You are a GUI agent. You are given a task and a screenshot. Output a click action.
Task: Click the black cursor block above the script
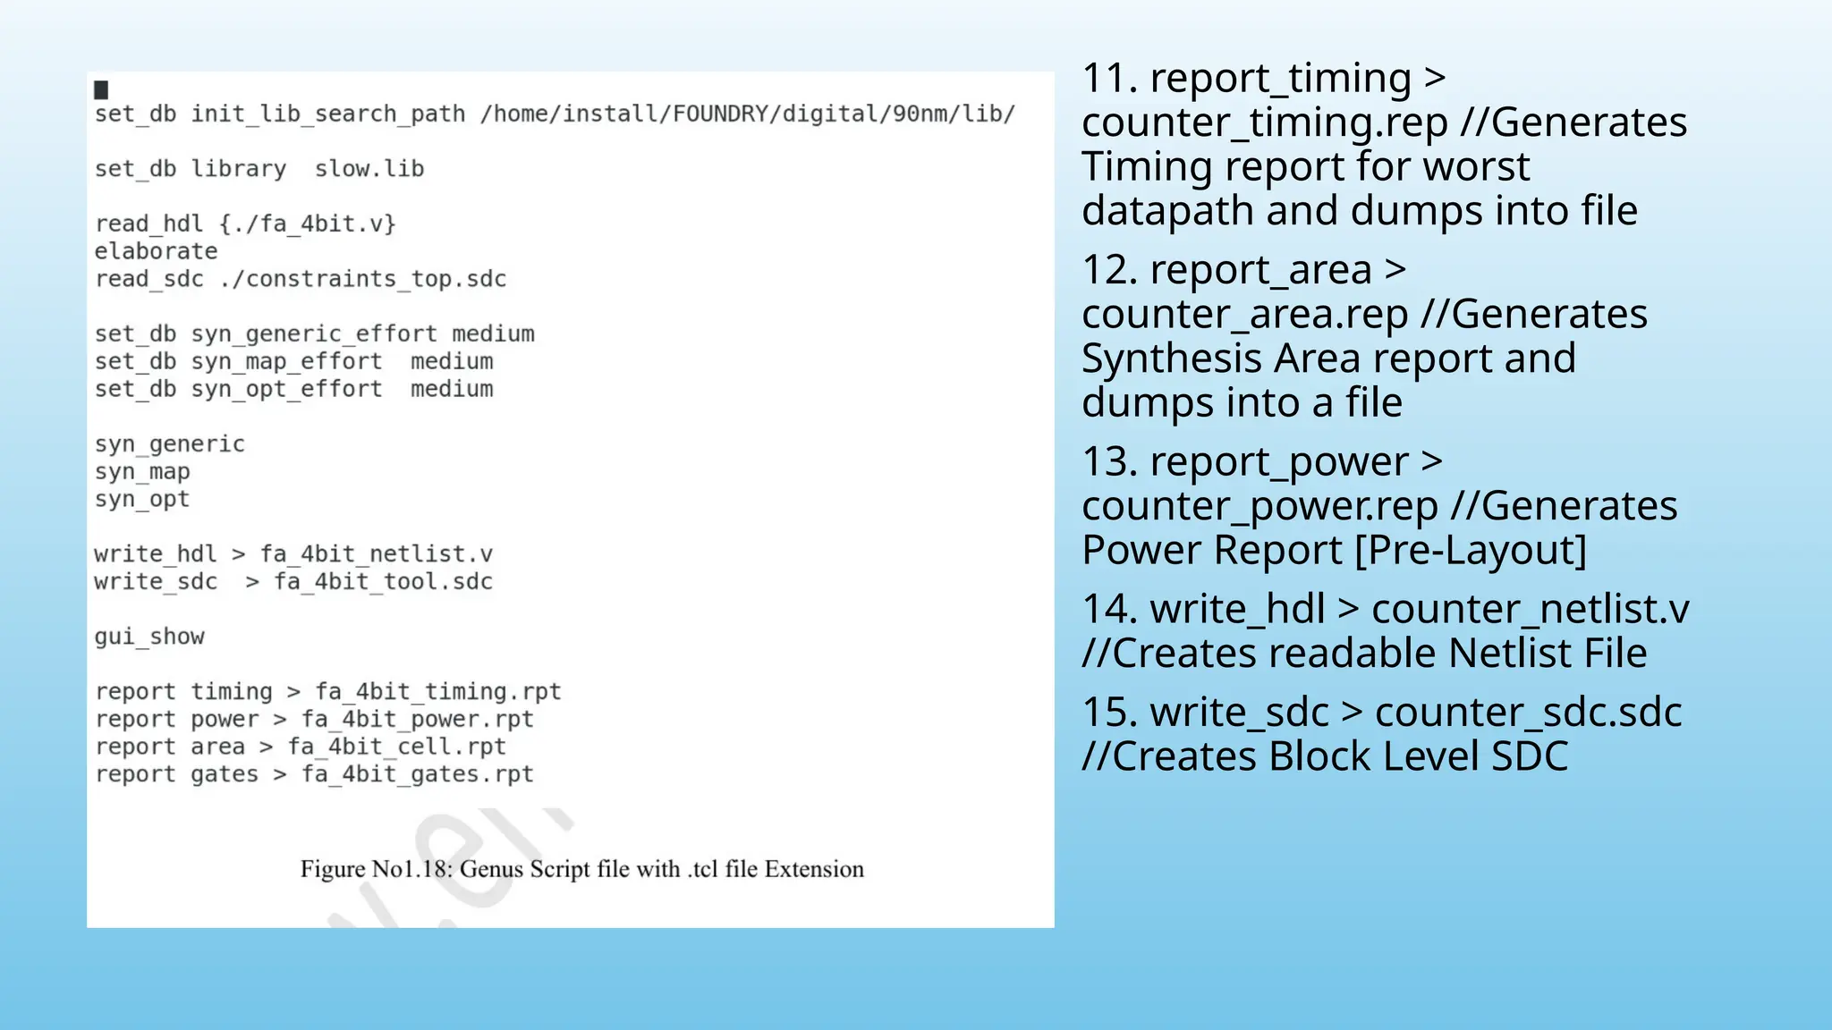click(x=101, y=89)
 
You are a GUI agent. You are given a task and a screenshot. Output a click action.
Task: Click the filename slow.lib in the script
click(x=369, y=169)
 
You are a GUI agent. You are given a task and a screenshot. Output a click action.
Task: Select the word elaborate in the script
click(x=156, y=251)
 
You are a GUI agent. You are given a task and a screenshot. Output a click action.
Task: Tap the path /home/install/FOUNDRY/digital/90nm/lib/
click(x=747, y=114)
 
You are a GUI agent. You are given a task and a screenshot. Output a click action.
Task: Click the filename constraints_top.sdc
click(x=376, y=279)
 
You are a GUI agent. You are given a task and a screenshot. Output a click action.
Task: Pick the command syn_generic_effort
click(x=314, y=334)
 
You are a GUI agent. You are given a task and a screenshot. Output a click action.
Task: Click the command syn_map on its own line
click(x=142, y=471)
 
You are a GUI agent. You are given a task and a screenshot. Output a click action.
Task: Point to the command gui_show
click(x=149, y=637)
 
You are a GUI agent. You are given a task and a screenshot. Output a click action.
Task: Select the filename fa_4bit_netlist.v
click(x=377, y=554)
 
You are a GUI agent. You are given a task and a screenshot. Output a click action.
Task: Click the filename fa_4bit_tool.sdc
click(x=383, y=582)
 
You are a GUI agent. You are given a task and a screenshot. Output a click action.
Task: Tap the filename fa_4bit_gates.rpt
click(x=417, y=774)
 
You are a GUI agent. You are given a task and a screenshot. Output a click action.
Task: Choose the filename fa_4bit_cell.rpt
click(x=396, y=747)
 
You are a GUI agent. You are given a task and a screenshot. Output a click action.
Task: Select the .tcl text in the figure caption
click(x=703, y=869)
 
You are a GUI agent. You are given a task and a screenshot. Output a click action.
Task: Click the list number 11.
click(x=1109, y=79)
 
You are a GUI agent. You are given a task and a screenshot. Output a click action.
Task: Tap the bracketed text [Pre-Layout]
click(x=1471, y=550)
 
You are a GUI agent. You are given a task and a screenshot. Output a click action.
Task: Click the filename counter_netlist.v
click(x=1530, y=610)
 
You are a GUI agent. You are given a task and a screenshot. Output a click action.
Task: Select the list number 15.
click(x=1109, y=713)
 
